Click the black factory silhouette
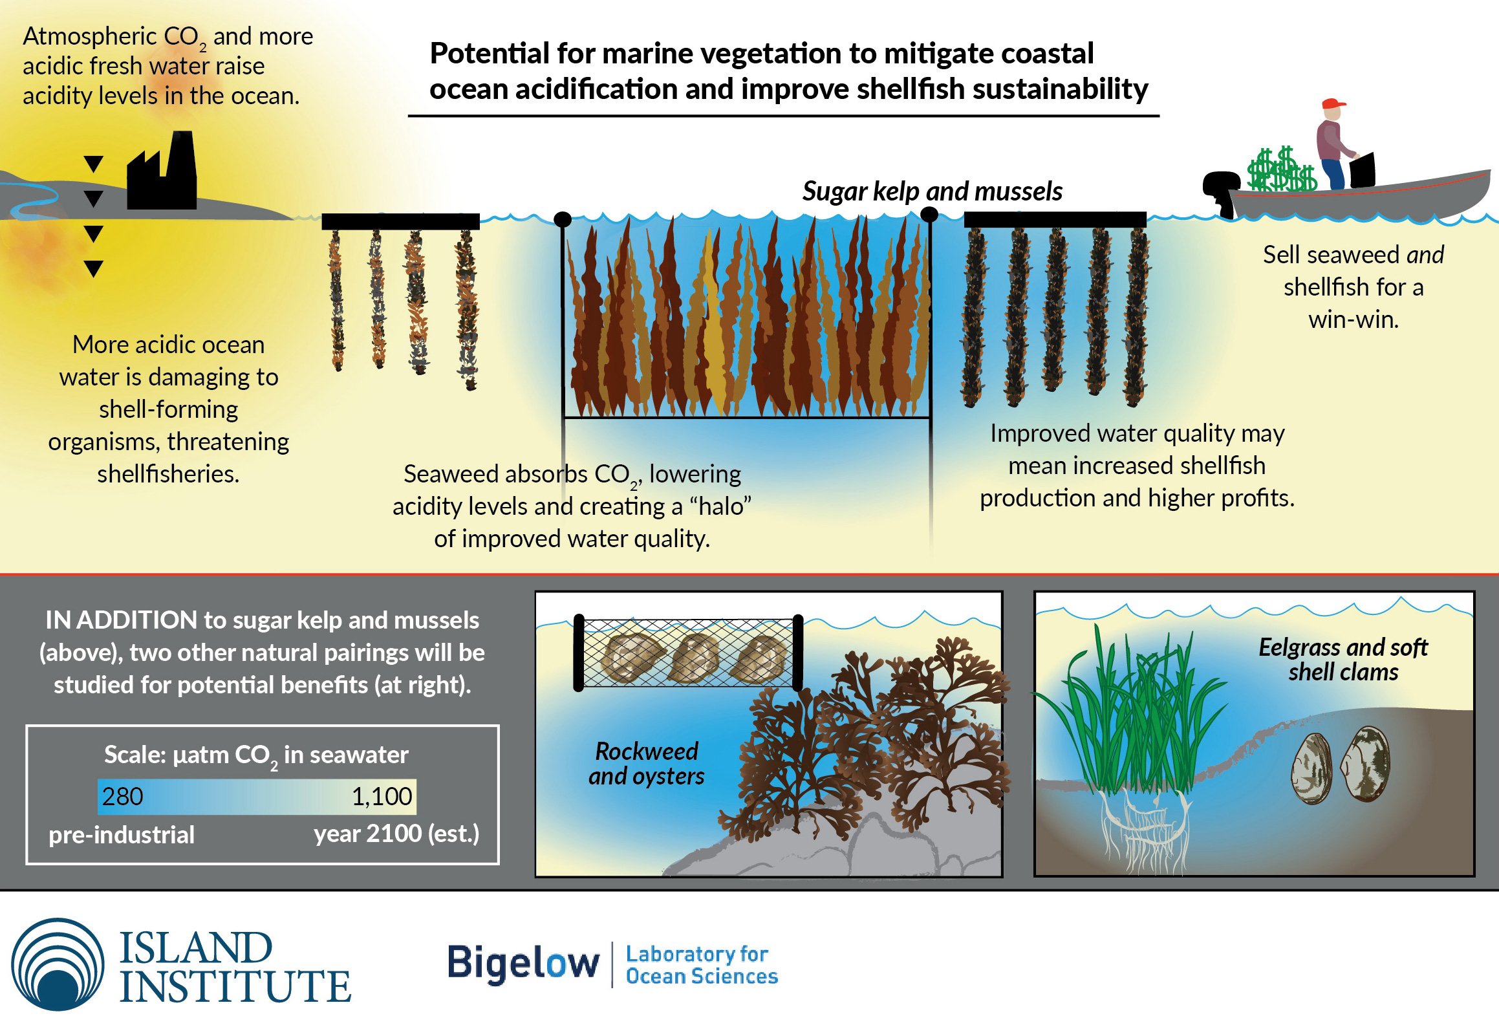point(162,178)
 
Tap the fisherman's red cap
point(1332,104)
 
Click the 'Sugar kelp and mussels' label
point(932,191)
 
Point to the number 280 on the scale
point(122,796)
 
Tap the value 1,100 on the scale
point(382,796)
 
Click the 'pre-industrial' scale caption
point(122,835)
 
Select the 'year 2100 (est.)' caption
point(396,834)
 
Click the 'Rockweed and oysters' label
point(646,763)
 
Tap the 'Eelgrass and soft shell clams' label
point(1343,659)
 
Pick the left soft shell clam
point(1312,769)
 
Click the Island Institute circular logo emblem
point(58,964)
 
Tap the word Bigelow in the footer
point(524,963)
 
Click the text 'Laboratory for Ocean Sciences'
point(702,965)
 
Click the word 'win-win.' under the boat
point(1353,319)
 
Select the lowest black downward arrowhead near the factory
point(94,268)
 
